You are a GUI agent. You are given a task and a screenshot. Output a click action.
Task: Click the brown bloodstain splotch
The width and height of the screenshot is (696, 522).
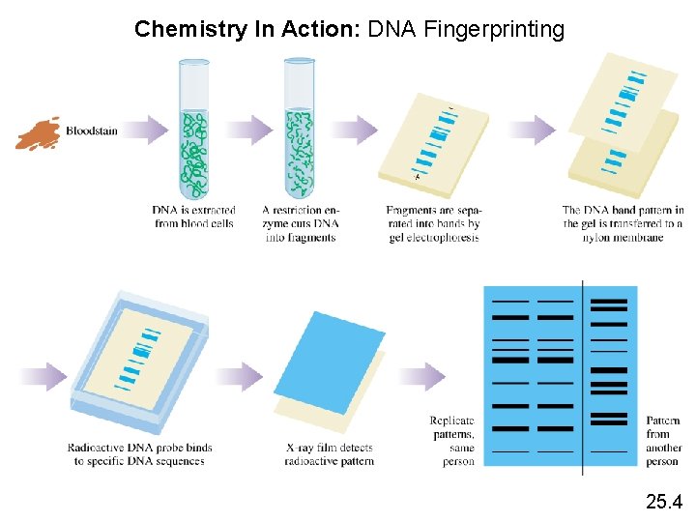[x=38, y=133]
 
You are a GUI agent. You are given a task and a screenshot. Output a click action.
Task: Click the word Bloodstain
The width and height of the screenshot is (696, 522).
[x=92, y=130]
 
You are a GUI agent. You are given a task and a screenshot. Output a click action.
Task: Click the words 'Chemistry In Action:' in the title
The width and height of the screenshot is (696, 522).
[x=246, y=29]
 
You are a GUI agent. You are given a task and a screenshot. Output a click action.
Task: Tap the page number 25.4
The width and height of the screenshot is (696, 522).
[x=663, y=501]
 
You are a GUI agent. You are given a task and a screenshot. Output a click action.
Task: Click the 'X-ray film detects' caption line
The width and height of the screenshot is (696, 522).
[x=329, y=448]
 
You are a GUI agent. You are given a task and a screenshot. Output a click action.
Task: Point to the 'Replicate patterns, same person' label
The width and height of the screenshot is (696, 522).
[x=452, y=441]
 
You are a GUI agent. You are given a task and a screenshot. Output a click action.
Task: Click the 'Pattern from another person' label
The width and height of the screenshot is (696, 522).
[x=662, y=441]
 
